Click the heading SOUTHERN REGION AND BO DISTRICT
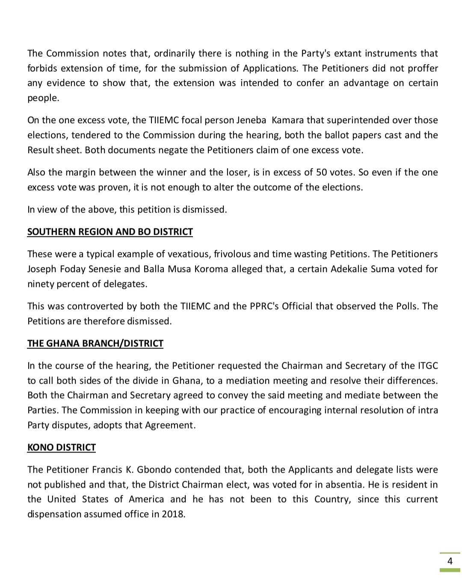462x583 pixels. click(x=110, y=232)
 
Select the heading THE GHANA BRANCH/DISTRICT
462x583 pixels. click(x=95, y=343)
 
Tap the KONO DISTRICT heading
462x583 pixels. click(x=61, y=447)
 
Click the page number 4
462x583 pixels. click(x=450, y=561)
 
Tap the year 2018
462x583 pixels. click(x=173, y=514)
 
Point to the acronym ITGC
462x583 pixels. click(x=426, y=366)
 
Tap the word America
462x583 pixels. click(x=146, y=499)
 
